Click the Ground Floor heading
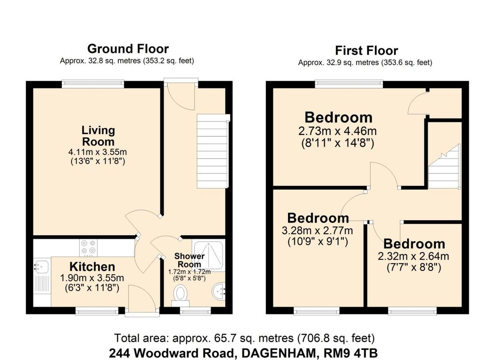(128, 49)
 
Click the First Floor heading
(366, 50)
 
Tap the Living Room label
(98, 136)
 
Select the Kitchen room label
(92, 267)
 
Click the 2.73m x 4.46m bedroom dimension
(337, 131)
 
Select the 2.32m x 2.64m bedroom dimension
(414, 256)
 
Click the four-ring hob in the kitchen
(88, 247)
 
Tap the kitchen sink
(41, 266)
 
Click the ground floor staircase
(213, 151)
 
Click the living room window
(92, 84)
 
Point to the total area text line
(244, 337)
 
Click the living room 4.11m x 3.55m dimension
(98, 152)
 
